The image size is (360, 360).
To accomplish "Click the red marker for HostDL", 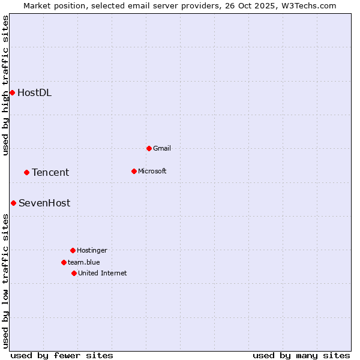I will coord(12,92).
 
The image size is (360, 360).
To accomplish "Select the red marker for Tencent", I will coord(26,172).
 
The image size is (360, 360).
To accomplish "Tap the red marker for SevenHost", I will coord(13,203).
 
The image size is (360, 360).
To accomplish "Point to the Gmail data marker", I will coord(149,148).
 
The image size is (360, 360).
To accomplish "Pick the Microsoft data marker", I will coord(134,171).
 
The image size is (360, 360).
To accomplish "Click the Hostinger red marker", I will coord(73,250).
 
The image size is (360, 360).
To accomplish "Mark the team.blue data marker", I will coord(64,262).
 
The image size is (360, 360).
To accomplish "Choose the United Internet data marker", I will coord(74,273).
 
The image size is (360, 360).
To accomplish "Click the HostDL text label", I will coord(34,92).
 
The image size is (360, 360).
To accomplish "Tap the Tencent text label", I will coord(50,172).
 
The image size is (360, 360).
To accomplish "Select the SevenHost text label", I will coord(44,203).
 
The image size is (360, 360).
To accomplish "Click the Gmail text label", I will coord(162,148).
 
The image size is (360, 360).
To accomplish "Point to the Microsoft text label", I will coord(152,171).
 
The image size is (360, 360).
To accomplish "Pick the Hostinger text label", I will coord(92,250).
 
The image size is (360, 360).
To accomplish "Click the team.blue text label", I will coord(84,262).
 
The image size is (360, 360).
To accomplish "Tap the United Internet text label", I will coord(103,273).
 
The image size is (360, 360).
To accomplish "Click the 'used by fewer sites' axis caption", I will coord(62,355).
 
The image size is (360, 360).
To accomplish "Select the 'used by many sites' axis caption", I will coord(301,355).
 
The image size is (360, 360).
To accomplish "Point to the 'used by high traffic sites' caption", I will coord(5,85).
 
